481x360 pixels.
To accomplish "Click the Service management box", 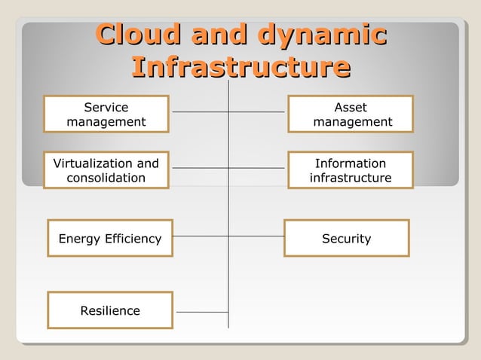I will click(106, 114).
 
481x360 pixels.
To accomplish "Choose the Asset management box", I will click(351, 114).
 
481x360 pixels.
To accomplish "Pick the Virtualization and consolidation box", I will click(106, 170).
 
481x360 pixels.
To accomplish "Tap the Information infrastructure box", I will click(351, 170).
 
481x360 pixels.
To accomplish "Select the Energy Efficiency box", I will click(110, 239).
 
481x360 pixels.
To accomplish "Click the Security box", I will click(347, 239).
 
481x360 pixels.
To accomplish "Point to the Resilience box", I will click(110, 310).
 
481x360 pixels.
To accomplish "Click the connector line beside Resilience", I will click(201, 311).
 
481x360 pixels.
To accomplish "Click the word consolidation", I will click(106, 178).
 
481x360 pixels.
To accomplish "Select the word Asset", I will click(351, 108).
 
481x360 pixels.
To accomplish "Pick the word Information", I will click(351, 163).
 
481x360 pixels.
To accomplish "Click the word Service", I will click(106, 108).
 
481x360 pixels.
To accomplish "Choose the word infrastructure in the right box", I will click(351, 178).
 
